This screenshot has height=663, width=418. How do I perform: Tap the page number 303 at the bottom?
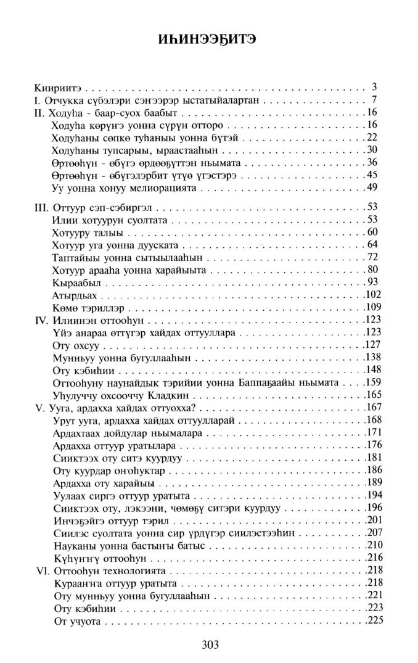pyautogui.click(x=210, y=644)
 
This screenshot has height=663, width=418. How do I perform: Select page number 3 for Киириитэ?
pyautogui.click(x=374, y=86)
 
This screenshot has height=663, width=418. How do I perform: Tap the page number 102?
pyautogui.click(x=370, y=295)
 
